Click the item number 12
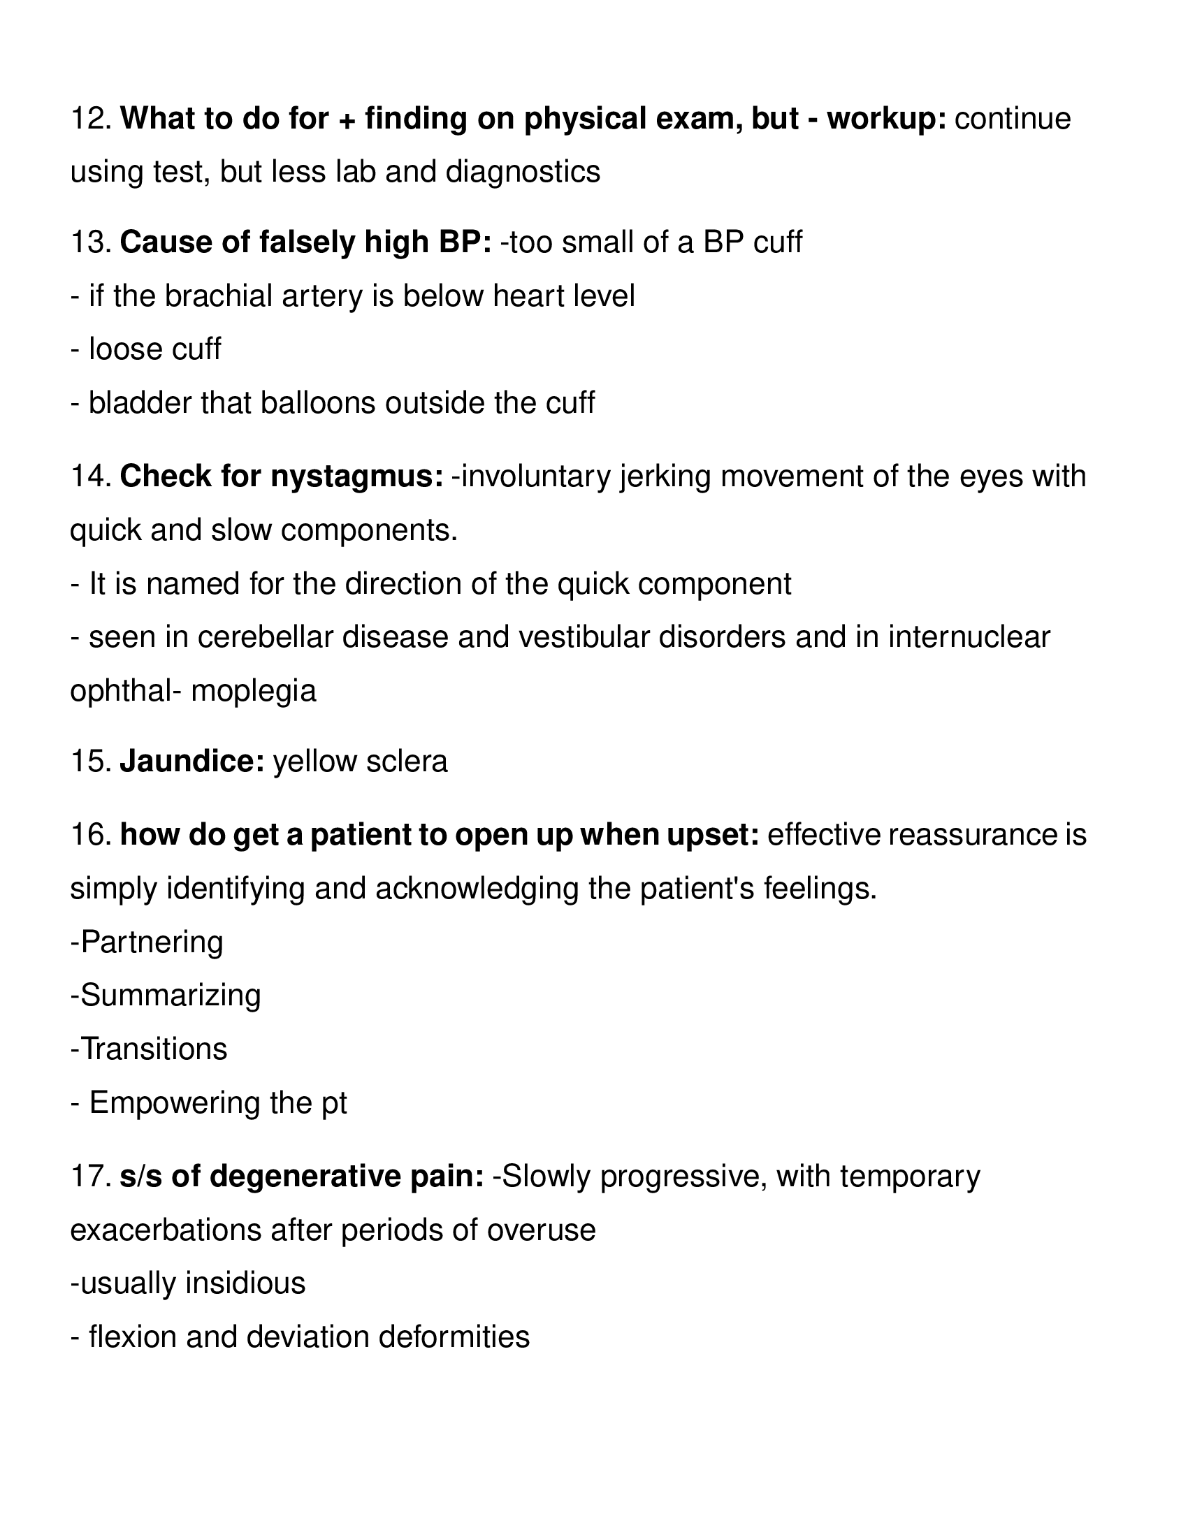point(91,119)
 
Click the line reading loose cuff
point(145,349)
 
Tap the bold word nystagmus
point(357,476)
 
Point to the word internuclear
point(969,637)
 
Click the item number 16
point(91,835)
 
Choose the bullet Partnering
point(147,942)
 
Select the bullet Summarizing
point(166,995)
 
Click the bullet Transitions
point(150,1049)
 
